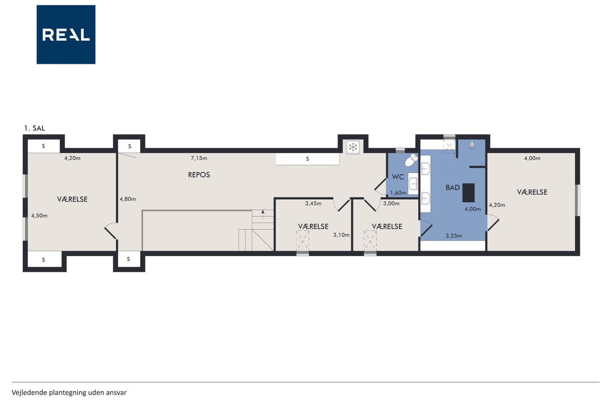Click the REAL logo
pos(66,35)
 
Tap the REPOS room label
pos(199,175)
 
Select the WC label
pos(397,177)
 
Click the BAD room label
pos(453,188)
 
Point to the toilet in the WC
pos(411,159)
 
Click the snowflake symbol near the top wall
pos(353,147)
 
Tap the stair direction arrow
pos(263,215)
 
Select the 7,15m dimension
pos(199,158)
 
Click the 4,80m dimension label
pos(128,199)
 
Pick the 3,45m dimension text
pos(313,203)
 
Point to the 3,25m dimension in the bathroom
pos(454,236)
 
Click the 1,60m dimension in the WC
pos(398,193)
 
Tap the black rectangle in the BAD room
pos(468,193)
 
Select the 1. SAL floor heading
pos(35,128)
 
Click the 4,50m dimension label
pos(39,216)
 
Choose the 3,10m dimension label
pos(342,235)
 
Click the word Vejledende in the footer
pos(29,393)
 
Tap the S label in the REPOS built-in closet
pos(307,159)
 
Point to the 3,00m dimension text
pos(391,203)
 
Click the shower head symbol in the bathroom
pos(472,145)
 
